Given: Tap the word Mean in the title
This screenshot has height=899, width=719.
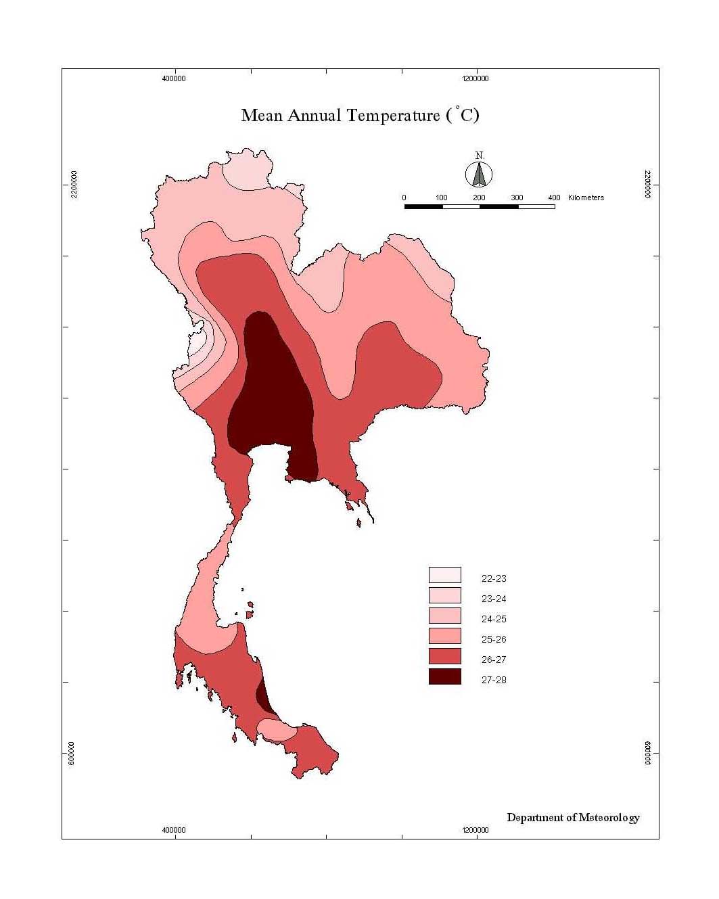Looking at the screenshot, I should click(x=262, y=115).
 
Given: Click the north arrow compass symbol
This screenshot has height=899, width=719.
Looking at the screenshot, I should click(x=479, y=175).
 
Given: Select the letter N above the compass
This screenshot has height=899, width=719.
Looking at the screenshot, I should click(x=480, y=156).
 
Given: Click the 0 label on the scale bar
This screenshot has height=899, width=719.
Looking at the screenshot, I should click(x=404, y=198).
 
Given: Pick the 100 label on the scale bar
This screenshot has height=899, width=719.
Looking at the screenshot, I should click(x=442, y=198).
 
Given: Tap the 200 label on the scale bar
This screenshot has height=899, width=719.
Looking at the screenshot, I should click(x=479, y=198).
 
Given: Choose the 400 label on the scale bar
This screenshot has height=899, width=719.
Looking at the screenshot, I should click(x=554, y=198).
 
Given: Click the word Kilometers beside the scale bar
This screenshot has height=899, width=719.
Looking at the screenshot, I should click(x=586, y=198).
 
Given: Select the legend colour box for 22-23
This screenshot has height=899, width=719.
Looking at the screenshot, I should click(x=444, y=575).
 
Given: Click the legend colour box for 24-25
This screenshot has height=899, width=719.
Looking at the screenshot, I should click(x=444, y=616).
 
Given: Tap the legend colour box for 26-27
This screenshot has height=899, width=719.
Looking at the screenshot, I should click(x=444, y=656).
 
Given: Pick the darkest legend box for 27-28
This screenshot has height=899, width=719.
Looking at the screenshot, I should click(x=444, y=676).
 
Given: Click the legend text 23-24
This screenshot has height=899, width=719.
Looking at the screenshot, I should click(x=494, y=599).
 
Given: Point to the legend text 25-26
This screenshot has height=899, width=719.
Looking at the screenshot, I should click(x=494, y=639).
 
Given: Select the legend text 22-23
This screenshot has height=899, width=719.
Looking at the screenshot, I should click(x=494, y=578).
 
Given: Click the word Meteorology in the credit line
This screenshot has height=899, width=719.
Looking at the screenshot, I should click(x=609, y=818).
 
